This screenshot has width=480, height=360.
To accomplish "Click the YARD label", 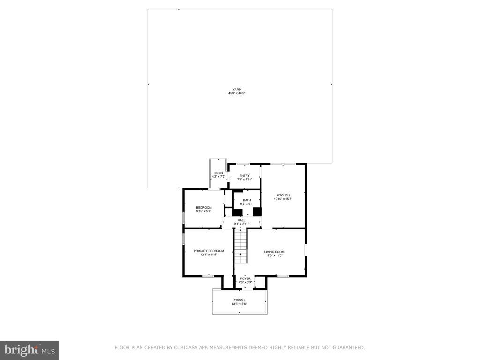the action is [237, 90].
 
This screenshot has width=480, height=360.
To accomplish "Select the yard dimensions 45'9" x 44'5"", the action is [237, 93].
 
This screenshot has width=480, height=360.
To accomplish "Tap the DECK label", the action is [218, 173].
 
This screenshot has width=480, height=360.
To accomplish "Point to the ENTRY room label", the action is [245, 176].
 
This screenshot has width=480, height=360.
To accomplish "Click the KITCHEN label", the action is [283, 195].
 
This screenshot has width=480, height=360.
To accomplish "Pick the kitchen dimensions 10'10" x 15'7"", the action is [283, 199].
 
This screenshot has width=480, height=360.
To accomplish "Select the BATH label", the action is [247, 200].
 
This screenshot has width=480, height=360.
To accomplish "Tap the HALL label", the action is [241, 220].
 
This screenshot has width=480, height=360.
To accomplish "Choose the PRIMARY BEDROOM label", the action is [209, 251].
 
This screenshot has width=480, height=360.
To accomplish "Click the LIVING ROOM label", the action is [274, 252].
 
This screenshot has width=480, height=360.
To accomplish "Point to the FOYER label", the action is [245, 278].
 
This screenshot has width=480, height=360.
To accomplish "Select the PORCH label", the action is [239, 300].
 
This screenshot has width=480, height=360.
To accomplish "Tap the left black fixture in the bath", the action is [238, 212].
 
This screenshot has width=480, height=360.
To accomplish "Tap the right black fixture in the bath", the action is [257, 212].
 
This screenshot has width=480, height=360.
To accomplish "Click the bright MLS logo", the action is [30, 350].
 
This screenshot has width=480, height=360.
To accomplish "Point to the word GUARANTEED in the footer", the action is [348, 347].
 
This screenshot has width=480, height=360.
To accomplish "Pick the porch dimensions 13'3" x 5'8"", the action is [239, 304].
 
